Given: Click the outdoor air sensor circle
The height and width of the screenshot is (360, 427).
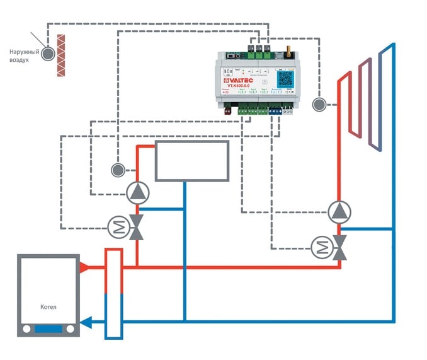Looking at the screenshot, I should click(48, 55).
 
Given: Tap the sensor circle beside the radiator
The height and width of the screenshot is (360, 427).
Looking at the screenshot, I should click(319, 103).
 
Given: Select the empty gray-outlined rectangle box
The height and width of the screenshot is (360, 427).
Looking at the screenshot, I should click(191, 161).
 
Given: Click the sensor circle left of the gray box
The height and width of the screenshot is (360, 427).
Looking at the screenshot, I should click(117, 169).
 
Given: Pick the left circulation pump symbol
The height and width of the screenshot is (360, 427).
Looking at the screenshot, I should click(138, 192).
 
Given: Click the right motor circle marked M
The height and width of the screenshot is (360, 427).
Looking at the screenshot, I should click(322, 247).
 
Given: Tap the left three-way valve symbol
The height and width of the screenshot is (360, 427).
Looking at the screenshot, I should click(137, 227).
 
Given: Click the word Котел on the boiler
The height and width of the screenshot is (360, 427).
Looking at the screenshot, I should click(47, 307).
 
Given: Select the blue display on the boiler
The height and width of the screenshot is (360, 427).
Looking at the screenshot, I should click(48, 328).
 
